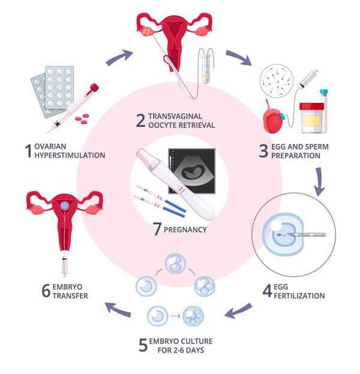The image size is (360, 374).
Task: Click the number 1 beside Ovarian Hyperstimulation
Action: tap(28, 150)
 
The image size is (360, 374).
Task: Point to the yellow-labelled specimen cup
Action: tap(311, 117)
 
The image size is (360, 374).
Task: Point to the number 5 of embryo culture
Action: tap(142, 345)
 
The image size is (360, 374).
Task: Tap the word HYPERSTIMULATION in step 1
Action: tap(70, 155)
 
